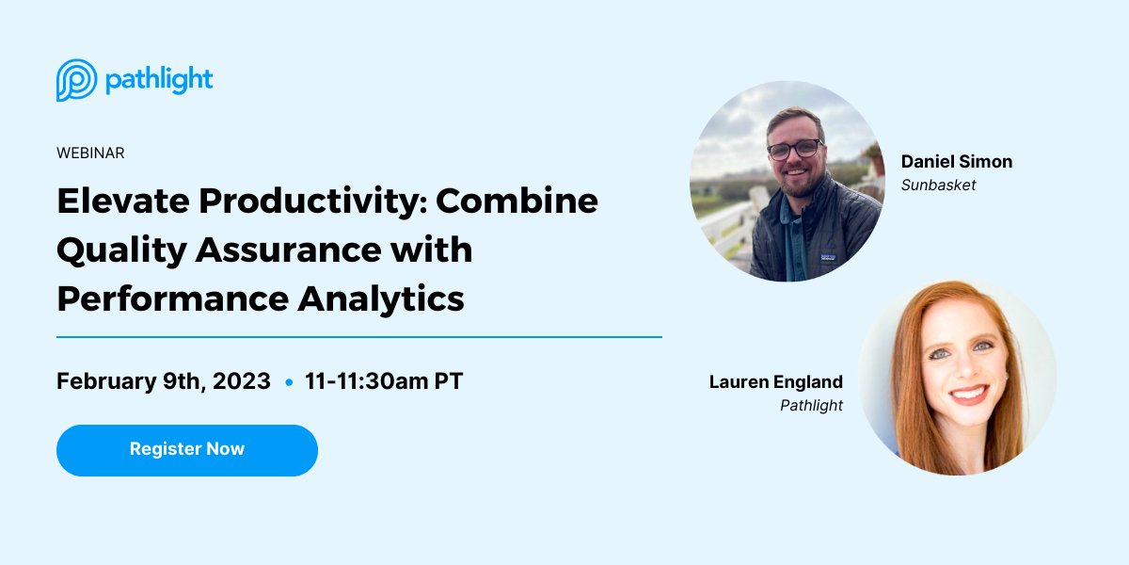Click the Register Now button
186,449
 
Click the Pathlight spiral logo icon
76,80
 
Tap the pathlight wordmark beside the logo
159,81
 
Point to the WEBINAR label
90,153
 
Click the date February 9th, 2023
163,381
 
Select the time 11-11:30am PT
384,381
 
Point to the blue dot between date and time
288,382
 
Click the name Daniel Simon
956,162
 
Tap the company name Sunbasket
938,186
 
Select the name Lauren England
775,381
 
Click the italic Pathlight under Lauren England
811,406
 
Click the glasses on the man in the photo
795,149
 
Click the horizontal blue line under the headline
358,336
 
